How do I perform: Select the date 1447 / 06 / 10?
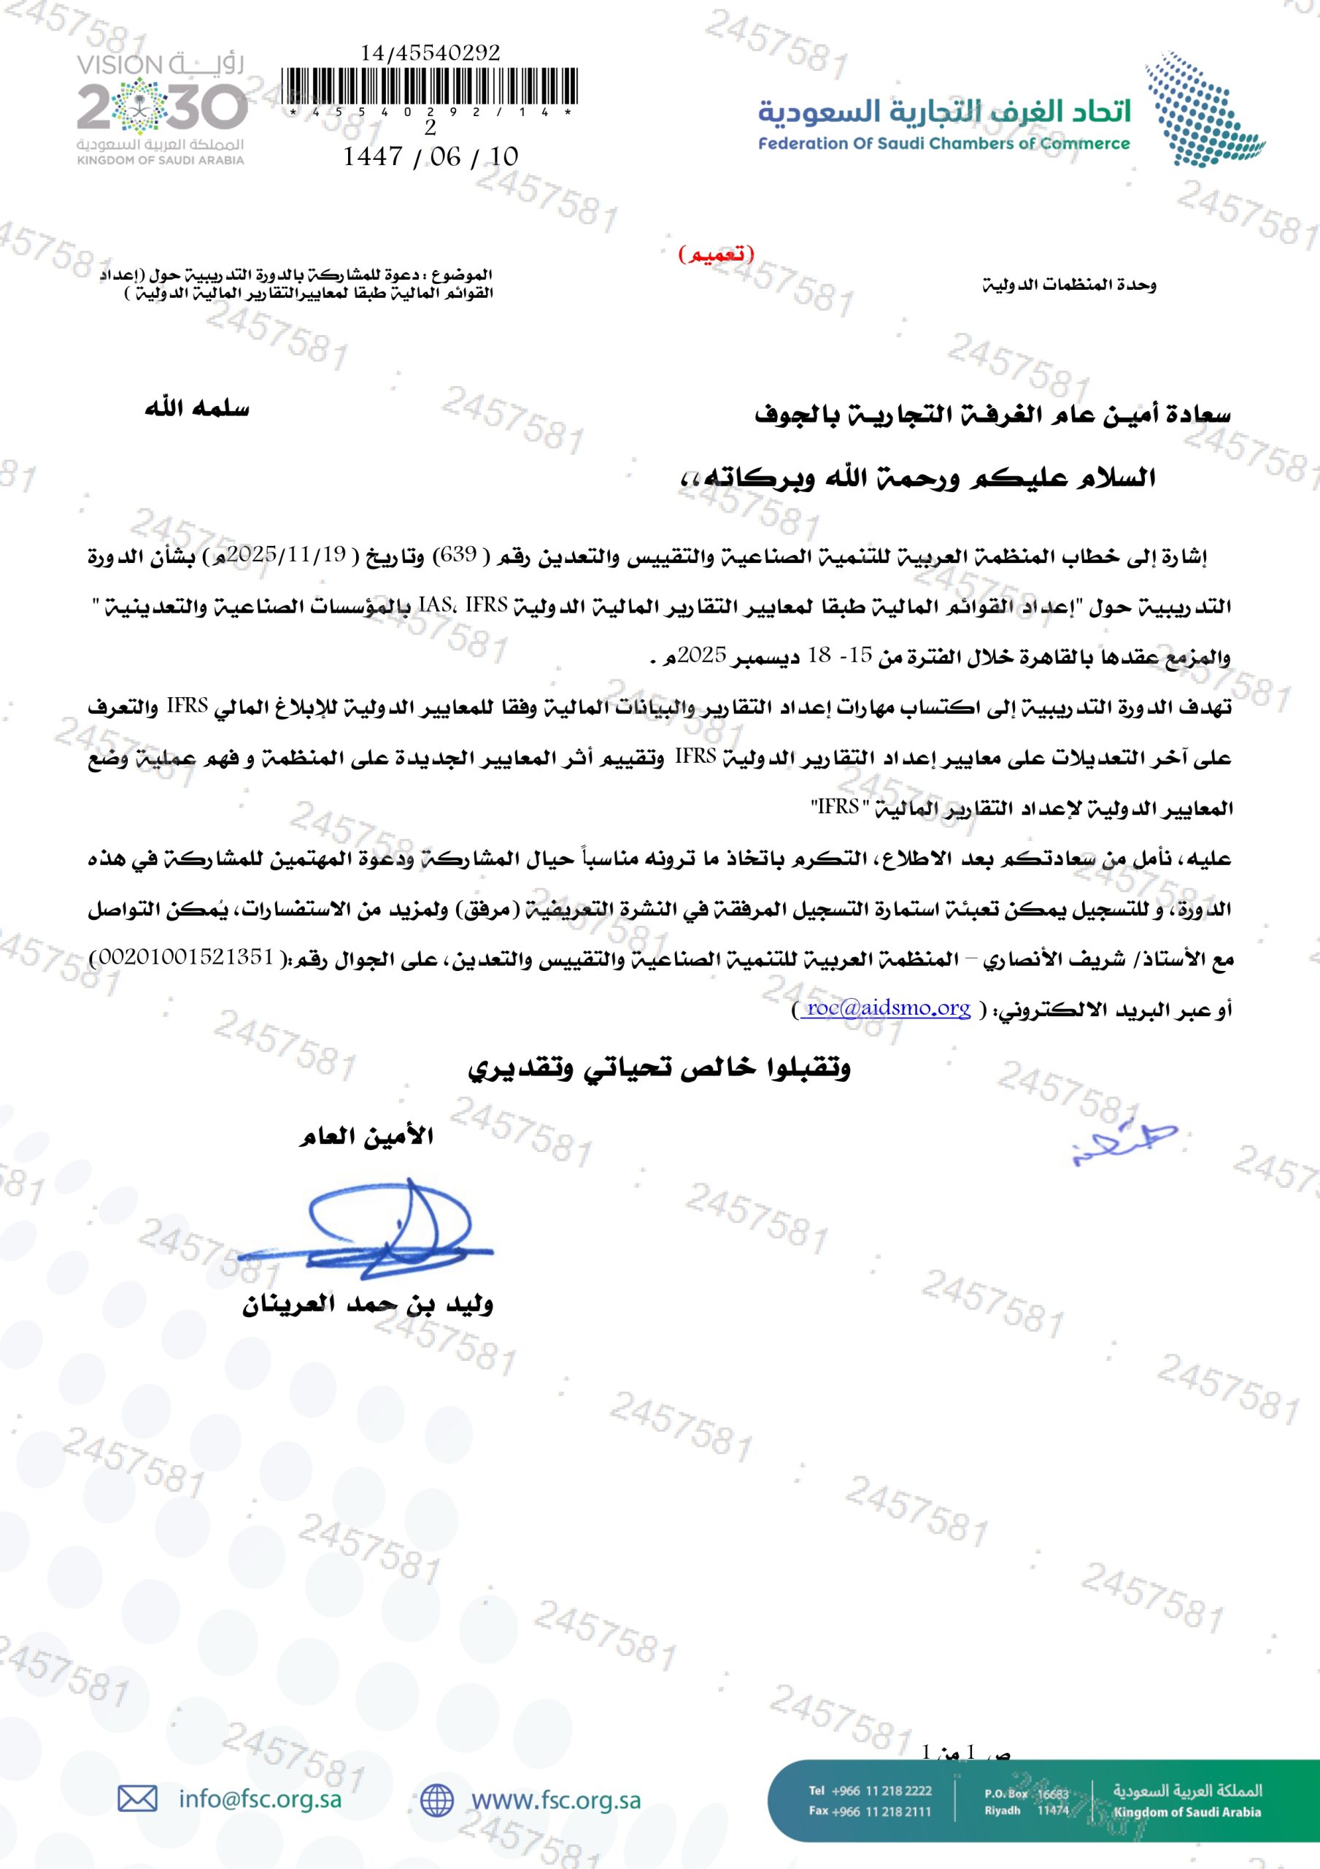point(431,156)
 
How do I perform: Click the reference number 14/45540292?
point(431,53)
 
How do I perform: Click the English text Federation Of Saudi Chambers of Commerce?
point(944,144)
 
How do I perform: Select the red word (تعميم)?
point(716,255)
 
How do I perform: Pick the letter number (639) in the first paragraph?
point(458,555)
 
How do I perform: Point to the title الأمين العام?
point(367,1137)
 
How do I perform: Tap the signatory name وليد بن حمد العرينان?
point(368,1305)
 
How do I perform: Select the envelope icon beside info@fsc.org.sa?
point(137,1799)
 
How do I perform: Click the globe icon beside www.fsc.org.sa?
point(437,1800)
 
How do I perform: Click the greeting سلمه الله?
point(197,409)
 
